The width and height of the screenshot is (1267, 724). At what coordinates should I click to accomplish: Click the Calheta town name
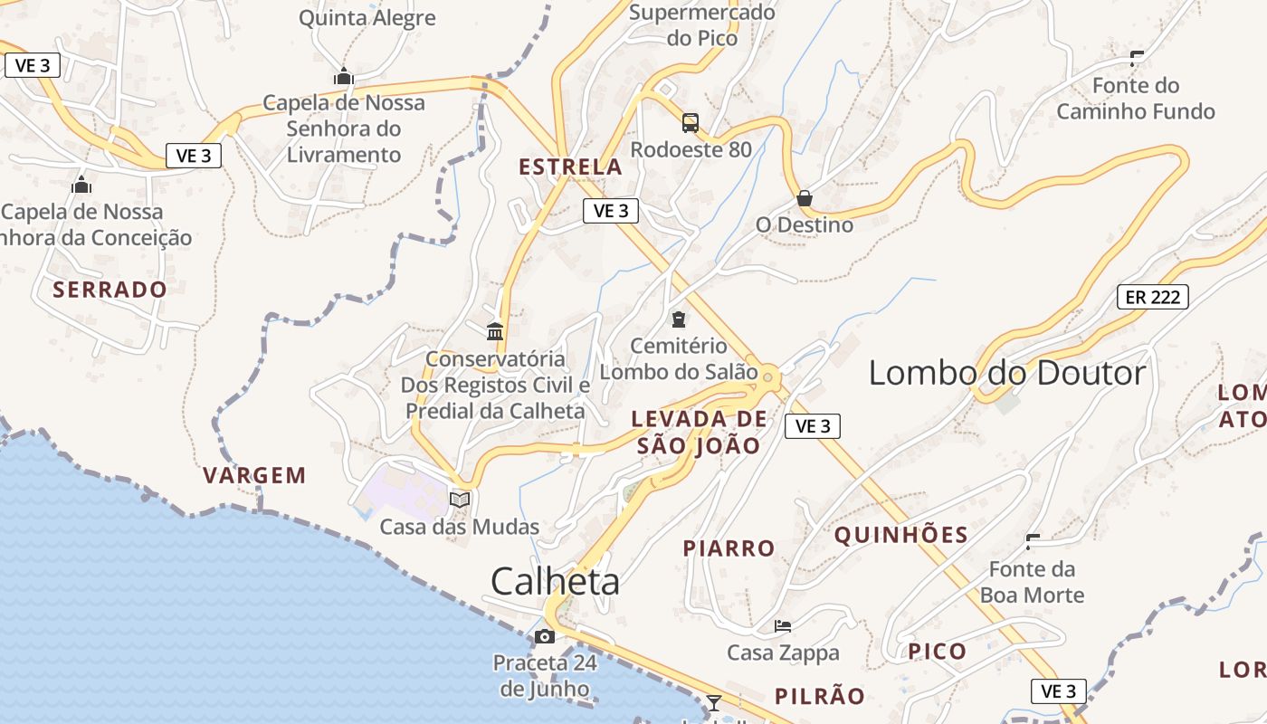click(x=555, y=582)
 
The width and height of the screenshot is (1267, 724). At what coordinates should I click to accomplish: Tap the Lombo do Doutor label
click(x=1007, y=373)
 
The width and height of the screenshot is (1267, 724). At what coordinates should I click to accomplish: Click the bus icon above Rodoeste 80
click(x=691, y=123)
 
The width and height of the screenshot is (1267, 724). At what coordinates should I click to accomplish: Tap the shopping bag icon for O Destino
click(x=805, y=198)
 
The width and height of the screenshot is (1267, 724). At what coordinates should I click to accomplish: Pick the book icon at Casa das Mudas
click(x=460, y=500)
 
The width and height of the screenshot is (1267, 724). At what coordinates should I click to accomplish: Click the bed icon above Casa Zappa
click(x=783, y=625)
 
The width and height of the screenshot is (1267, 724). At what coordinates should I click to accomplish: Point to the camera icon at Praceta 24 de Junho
click(x=544, y=636)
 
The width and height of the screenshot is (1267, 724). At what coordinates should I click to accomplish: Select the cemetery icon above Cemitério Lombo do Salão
click(x=679, y=319)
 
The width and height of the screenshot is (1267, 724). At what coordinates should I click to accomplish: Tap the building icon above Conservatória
click(x=495, y=332)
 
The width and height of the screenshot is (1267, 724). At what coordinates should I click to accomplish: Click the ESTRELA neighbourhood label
click(x=570, y=167)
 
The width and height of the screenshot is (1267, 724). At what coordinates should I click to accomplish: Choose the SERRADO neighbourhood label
click(x=110, y=290)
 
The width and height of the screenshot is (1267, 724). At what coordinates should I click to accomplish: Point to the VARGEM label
click(x=254, y=475)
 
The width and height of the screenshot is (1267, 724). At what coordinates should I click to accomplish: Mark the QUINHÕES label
click(x=901, y=535)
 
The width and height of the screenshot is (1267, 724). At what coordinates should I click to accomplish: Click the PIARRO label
click(x=729, y=548)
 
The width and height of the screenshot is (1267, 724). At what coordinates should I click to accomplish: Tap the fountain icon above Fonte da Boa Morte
click(x=1033, y=541)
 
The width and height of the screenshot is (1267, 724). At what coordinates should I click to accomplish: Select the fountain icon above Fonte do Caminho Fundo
click(x=1137, y=59)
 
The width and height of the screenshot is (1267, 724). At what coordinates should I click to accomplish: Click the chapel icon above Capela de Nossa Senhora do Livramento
click(x=343, y=77)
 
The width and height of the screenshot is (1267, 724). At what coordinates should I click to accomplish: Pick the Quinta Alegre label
click(x=367, y=18)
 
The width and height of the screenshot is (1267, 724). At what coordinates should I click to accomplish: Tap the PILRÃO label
click(x=820, y=696)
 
